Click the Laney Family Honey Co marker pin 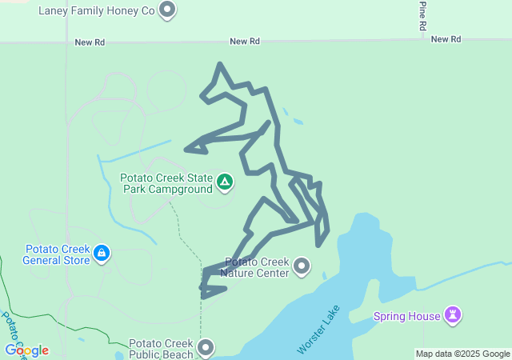pyautogui.click(x=167, y=10)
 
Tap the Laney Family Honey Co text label pyautogui.click(x=96, y=10)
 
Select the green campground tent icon pyautogui.click(x=226, y=183)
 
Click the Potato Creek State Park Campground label pyautogui.click(x=166, y=183)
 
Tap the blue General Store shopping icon pyautogui.click(x=102, y=254)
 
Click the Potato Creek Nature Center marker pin pyautogui.click(x=302, y=266)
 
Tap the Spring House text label pyautogui.click(x=406, y=316)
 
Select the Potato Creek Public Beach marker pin pyautogui.click(x=206, y=348)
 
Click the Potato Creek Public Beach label pyautogui.click(x=161, y=348)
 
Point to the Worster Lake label pyautogui.click(x=318, y=330)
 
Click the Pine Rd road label pyautogui.click(x=423, y=16)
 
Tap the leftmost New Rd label pyautogui.click(x=90, y=42)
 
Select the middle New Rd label pyautogui.click(x=245, y=41)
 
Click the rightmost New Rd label pyautogui.click(x=446, y=38)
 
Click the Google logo pyautogui.click(x=26, y=350)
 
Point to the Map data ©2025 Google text pyautogui.click(x=462, y=354)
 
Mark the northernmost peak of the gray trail pyautogui.click(x=220, y=65)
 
